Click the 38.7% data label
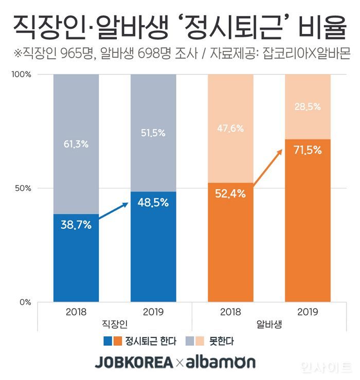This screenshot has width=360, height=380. [x=76, y=224]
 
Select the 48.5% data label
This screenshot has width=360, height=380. [x=153, y=203]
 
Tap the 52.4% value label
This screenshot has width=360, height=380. [x=230, y=194]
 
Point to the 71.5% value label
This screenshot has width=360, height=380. [x=307, y=150]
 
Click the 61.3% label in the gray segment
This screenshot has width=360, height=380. [x=76, y=144]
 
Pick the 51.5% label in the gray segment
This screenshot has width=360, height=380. [x=153, y=133]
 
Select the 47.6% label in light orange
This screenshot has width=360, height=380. [x=230, y=129]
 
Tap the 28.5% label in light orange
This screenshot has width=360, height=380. [x=307, y=107]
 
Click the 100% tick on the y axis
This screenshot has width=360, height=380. [x=21, y=75]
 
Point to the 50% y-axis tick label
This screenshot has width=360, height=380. [x=23, y=188]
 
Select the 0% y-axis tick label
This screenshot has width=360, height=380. [x=25, y=302]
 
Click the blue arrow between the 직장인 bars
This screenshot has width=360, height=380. [x=114, y=212]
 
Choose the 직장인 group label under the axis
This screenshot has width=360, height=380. [x=115, y=324]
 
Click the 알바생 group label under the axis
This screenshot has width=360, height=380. [x=268, y=324]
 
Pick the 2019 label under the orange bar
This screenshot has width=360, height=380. [x=307, y=312]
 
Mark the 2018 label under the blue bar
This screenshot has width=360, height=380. [x=76, y=312]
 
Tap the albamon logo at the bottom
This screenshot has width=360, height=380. [x=221, y=363]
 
